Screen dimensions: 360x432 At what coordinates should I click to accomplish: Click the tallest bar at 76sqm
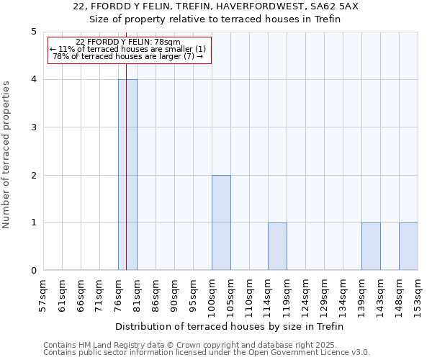(x=127, y=175)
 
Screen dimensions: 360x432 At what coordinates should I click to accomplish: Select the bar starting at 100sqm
(x=221, y=222)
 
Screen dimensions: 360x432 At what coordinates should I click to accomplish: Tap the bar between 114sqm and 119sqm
(x=277, y=246)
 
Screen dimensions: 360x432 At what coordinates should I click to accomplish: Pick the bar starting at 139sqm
(x=371, y=246)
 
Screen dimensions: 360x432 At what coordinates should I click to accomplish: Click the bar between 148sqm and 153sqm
(x=408, y=246)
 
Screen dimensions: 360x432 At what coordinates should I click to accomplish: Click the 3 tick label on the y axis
(x=33, y=127)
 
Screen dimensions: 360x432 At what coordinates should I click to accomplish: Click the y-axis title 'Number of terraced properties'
(x=6, y=155)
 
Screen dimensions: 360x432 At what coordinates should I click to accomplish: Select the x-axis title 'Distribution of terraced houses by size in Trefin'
(x=230, y=326)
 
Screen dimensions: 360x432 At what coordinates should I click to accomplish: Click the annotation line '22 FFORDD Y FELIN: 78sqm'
(x=128, y=42)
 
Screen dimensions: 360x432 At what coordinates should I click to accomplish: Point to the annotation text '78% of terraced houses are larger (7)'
(x=128, y=56)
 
